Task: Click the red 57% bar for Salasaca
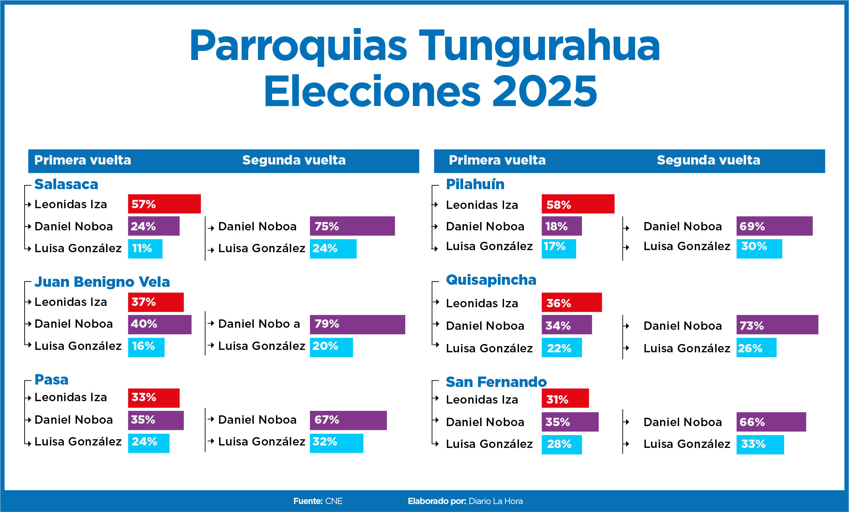pos(164,204)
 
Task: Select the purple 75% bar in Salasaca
pos(352,226)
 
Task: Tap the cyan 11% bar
pos(145,249)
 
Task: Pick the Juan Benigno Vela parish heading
pos(102,282)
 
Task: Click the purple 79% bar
pos(357,324)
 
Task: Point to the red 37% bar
pos(156,302)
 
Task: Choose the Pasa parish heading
pos(52,380)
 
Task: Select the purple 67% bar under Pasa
pos(348,420)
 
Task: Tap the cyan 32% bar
pos(337,443)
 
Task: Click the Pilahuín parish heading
pos(475,184)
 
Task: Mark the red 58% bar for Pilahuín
pos(578,204)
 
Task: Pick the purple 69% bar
pos(775,226)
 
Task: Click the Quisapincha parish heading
pos(491,280)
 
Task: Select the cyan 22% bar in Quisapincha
pos(562,347)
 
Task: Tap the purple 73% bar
pos(778,325)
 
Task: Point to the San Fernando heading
pos(496,382)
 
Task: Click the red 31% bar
pos(565,398)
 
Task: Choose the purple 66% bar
pos(771,422)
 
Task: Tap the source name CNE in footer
pos(334,501)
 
